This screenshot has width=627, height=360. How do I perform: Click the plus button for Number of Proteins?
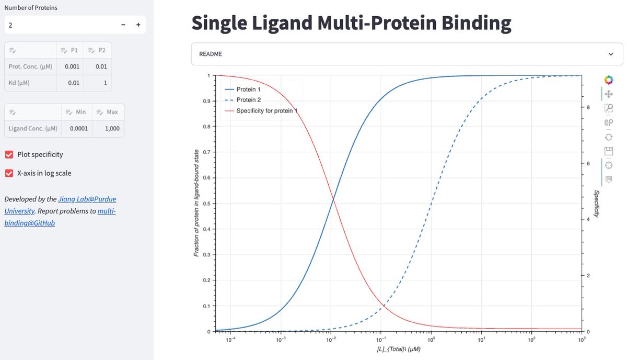[x=138, y=25]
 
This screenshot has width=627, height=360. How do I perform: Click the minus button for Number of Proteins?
[x=123, y=25]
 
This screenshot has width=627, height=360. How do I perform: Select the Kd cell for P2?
[x=97, y=83]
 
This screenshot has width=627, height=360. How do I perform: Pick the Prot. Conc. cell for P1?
[x=69, y=66]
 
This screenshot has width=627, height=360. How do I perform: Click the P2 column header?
[x=97, y=50]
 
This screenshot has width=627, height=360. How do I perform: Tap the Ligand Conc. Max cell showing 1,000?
[x=108, y=129]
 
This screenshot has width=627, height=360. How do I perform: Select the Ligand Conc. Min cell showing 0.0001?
[x=76, y=129]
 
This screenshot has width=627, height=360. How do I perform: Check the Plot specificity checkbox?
[x=9, y=154]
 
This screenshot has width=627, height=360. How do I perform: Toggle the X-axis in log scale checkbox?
[x=9, y=173]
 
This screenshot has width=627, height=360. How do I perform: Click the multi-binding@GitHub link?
[x=106, y=211]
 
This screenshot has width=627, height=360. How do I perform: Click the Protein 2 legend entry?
[x=249, y=100]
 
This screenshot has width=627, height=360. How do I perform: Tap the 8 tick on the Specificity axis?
[x=588, y=107]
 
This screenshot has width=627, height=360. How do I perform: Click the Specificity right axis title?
[x=596, y=204]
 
